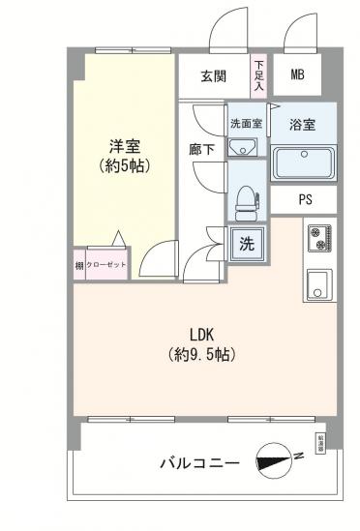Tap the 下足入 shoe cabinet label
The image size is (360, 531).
click(258, 75)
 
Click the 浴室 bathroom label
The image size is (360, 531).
click(303, 124)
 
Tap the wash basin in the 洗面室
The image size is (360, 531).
click(242, 146)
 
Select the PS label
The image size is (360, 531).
click(304, 201)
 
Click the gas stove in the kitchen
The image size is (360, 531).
click(318, 237)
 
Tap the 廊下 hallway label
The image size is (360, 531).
click(202, 150)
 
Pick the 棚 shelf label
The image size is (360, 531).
click(78, 265)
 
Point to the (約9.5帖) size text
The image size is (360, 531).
click(201, 354)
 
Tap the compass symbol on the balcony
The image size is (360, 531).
click(276, 462)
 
